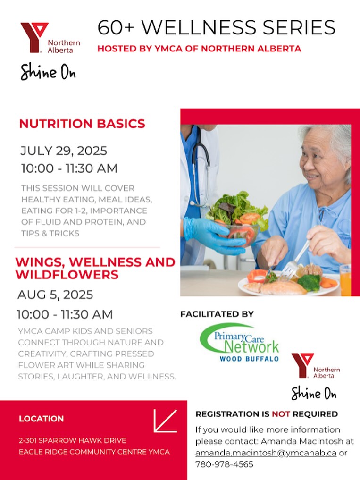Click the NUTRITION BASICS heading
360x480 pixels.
pos(82,124)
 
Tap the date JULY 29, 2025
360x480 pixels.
pos(64,151)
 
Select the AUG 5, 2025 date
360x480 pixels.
pos(55,295)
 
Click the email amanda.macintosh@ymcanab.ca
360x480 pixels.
pos(266,453)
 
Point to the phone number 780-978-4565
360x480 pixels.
pos(225,464)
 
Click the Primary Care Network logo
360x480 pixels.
pos(239,343)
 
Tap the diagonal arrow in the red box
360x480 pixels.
pos(165,421)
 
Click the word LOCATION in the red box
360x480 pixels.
pos(42,419)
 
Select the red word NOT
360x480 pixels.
pos(281,414)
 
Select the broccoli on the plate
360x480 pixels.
pos(309,282)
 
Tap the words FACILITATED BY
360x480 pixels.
pos(217,314)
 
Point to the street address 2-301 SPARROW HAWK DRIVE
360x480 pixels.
pos(73,440)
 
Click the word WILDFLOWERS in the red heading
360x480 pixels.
pos(67,274)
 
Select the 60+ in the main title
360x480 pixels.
pos(116,27)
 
